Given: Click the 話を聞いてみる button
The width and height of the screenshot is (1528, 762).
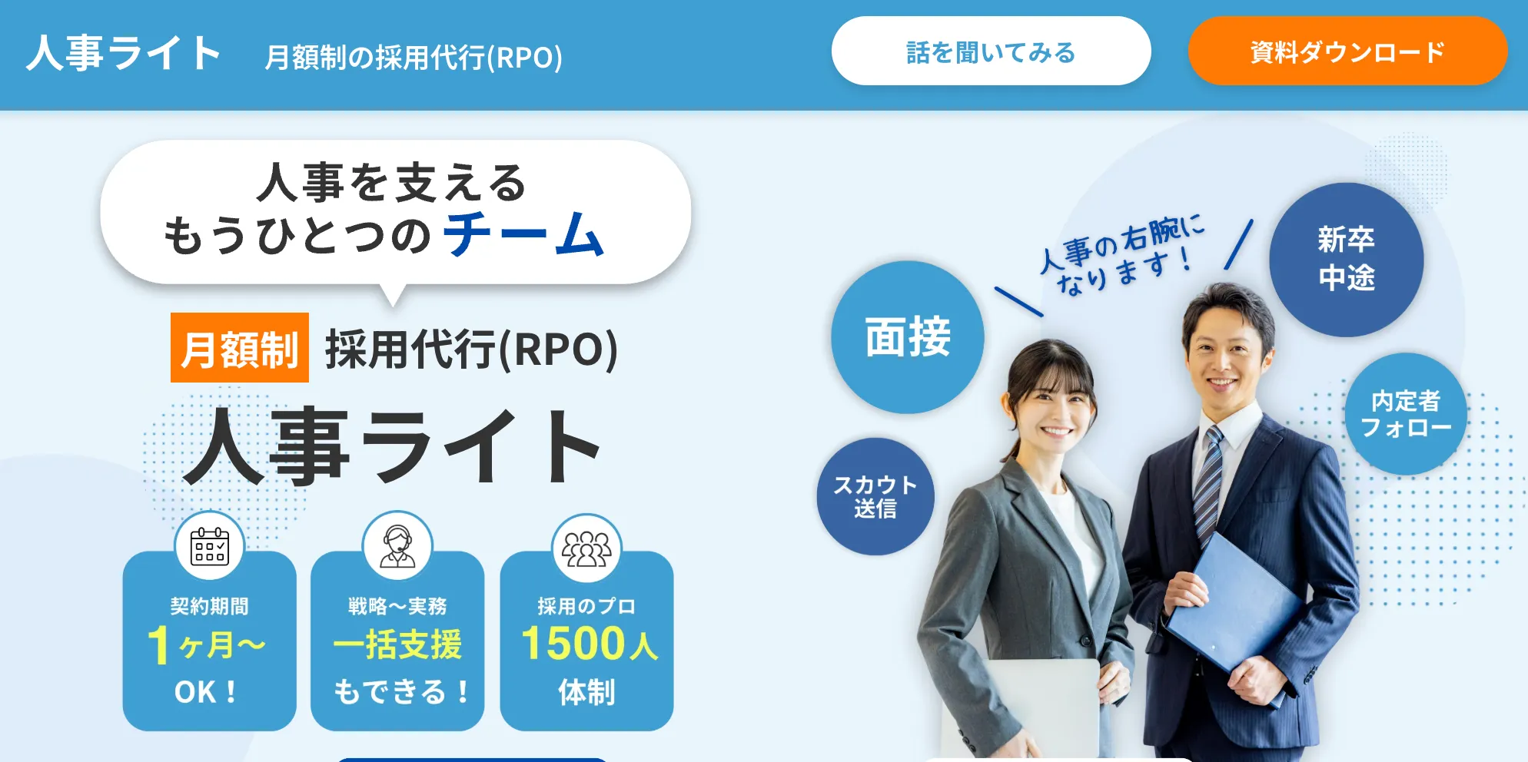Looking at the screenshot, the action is coord(991,51).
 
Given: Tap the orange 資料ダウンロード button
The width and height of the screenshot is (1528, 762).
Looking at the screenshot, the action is coord(1347,51).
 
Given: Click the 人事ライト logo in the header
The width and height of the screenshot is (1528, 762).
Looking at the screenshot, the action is coord(124,53).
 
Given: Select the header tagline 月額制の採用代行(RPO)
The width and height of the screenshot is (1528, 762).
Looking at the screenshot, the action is coord(414,57).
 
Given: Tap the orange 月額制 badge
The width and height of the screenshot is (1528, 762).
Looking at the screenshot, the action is coord(240,347).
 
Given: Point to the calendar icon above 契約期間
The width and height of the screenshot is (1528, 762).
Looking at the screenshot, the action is coord(209,546).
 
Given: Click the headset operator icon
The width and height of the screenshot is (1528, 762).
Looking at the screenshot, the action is coord(397,546).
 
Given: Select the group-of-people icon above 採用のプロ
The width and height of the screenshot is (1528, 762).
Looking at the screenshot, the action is coord(586,548).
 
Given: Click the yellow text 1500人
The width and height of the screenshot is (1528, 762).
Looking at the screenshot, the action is coord(590,643).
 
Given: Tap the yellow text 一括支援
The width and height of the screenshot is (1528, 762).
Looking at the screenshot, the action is coord(397,644).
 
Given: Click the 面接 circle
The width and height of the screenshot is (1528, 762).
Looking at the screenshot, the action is coord(908,337).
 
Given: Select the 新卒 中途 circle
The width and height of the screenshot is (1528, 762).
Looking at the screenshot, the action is coord(1347,260).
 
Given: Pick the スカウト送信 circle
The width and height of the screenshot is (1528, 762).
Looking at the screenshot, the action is coord(875,496).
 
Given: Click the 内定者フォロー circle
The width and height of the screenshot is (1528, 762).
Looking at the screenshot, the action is coord(1406,413).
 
